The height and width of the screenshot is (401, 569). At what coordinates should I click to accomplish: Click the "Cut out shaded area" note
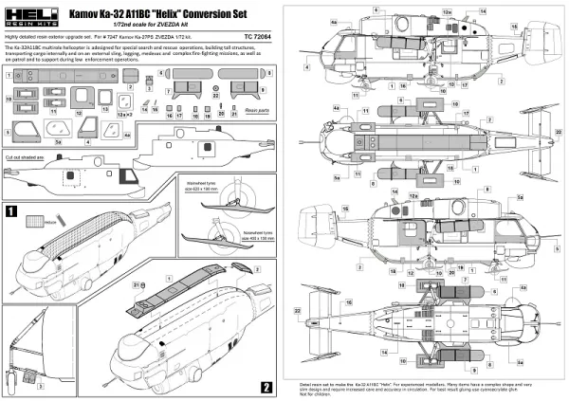click(28, 152)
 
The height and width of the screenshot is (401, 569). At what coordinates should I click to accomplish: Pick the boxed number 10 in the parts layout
click(9, 97)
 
